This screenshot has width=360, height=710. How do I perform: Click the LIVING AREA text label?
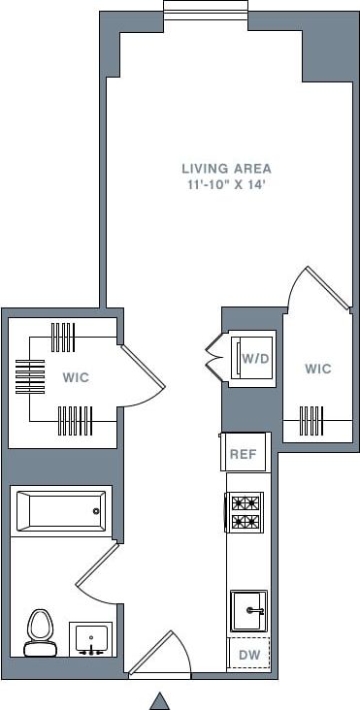point(226,168)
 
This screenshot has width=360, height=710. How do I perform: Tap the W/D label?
point(256,359)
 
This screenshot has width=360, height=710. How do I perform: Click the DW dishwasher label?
point(248,656)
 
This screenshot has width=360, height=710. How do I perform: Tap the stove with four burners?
point(245,512)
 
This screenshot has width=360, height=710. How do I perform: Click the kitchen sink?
point(248,610)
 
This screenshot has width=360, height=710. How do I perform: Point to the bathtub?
point(60,510)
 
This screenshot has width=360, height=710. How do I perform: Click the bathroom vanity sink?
point(93,639)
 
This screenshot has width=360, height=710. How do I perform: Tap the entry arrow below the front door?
point(159,700)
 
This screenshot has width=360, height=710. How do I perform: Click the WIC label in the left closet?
point(76,377)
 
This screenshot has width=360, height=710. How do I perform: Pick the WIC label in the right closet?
point(317,369)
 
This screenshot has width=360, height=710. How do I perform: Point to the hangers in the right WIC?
point(311,422)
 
